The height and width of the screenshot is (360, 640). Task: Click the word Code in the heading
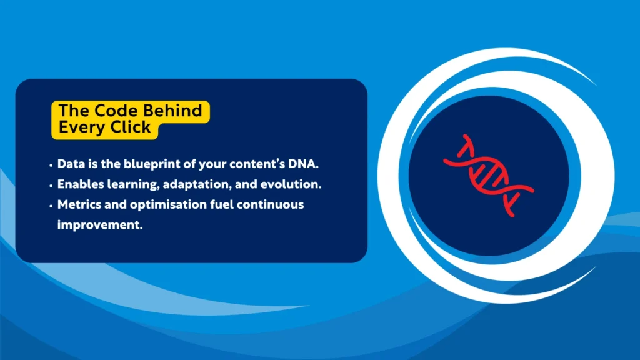107,111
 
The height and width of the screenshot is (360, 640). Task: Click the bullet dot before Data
51,166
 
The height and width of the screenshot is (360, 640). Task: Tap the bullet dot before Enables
51,186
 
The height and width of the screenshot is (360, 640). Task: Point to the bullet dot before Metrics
51,206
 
